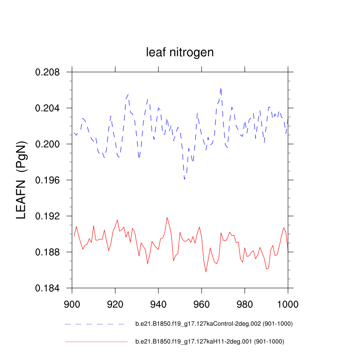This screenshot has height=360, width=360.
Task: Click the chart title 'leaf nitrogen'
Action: tap(180, 53)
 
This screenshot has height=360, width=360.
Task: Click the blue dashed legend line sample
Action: tap(94, 324)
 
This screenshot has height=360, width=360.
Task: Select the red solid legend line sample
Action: tap(96, 342)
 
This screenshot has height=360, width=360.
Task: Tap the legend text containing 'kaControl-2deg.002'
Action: tap(210, 324)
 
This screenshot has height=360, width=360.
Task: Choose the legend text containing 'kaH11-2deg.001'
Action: tap(210, 342)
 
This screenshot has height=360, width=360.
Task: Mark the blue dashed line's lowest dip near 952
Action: tap(184, 179)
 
